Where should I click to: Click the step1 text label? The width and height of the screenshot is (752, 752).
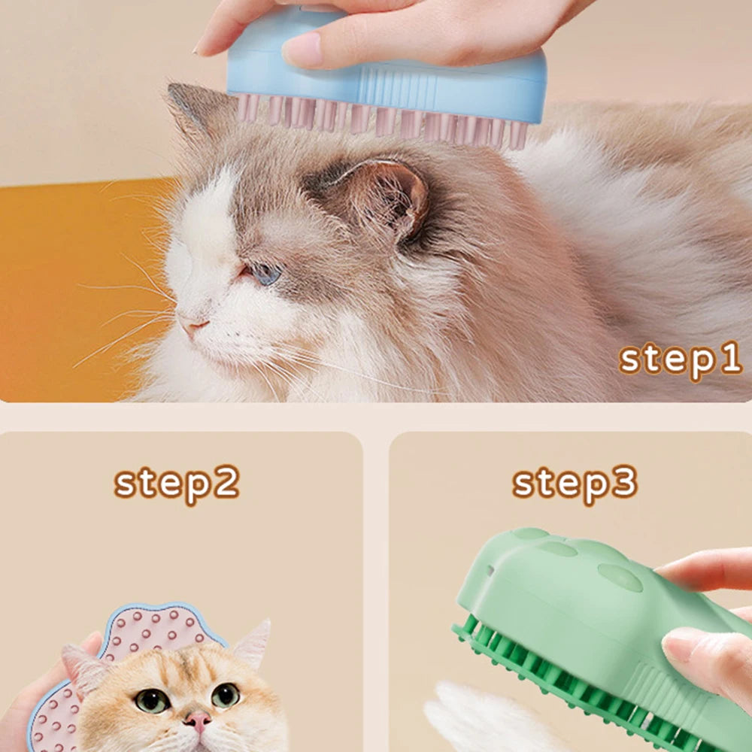(681, 359)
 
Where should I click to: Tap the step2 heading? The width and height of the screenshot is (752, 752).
(177, 484)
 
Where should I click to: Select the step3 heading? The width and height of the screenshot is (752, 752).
(575, 484)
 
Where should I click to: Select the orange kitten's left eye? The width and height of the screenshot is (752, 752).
(152, 701)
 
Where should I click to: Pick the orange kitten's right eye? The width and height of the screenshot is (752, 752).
(226, 695)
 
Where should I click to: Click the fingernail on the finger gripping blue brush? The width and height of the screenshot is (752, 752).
(302, 50)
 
